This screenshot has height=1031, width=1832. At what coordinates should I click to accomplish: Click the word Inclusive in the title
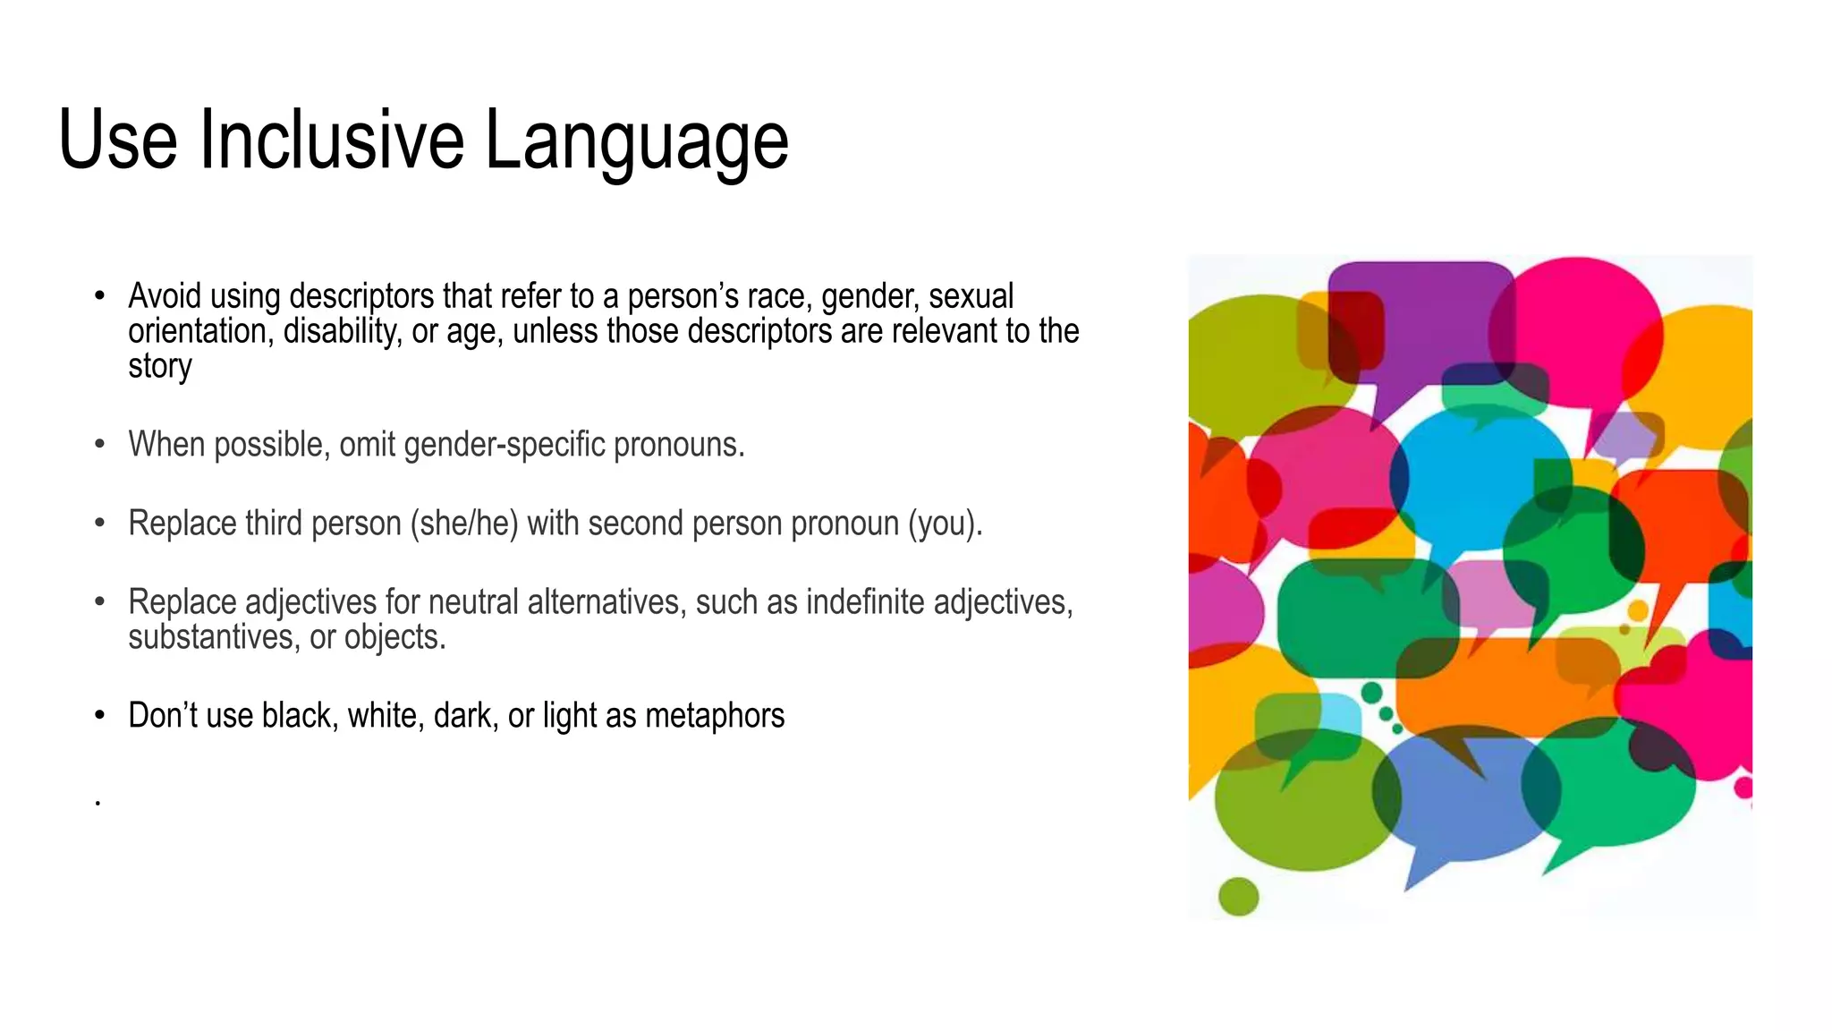coord(331,141)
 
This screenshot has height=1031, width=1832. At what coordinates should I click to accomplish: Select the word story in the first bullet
coord(159,367)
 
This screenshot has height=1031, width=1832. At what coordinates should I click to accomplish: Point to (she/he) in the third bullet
coord(464,524)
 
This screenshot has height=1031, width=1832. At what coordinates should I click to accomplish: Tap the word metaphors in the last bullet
coord(715,716)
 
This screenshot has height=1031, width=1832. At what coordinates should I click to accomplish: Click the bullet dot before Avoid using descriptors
coord(100,296)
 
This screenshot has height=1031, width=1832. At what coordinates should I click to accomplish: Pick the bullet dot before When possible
coord(100,445)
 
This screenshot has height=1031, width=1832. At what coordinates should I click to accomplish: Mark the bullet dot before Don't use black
coord(100,716)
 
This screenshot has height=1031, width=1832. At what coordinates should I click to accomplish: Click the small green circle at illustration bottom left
coord(1238,896)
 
